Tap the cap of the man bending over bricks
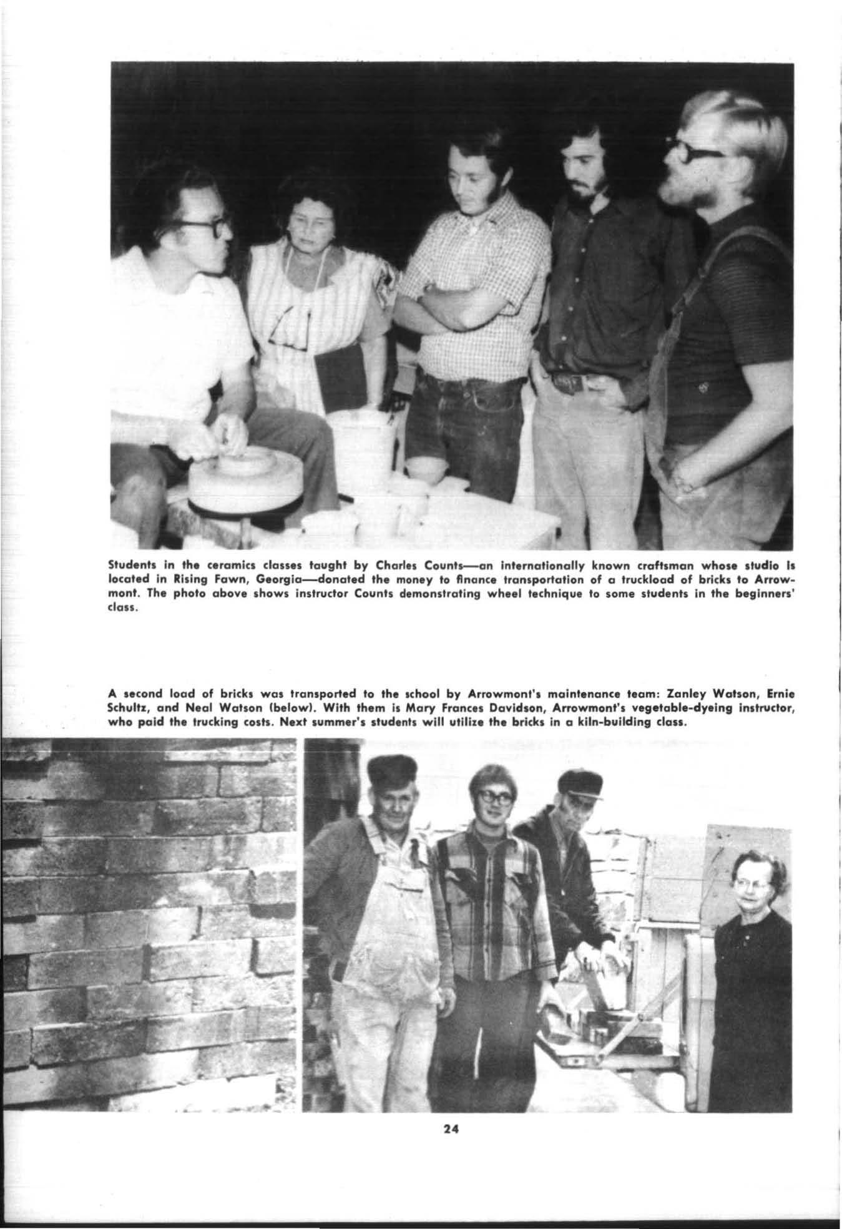[x=580, y=780]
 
